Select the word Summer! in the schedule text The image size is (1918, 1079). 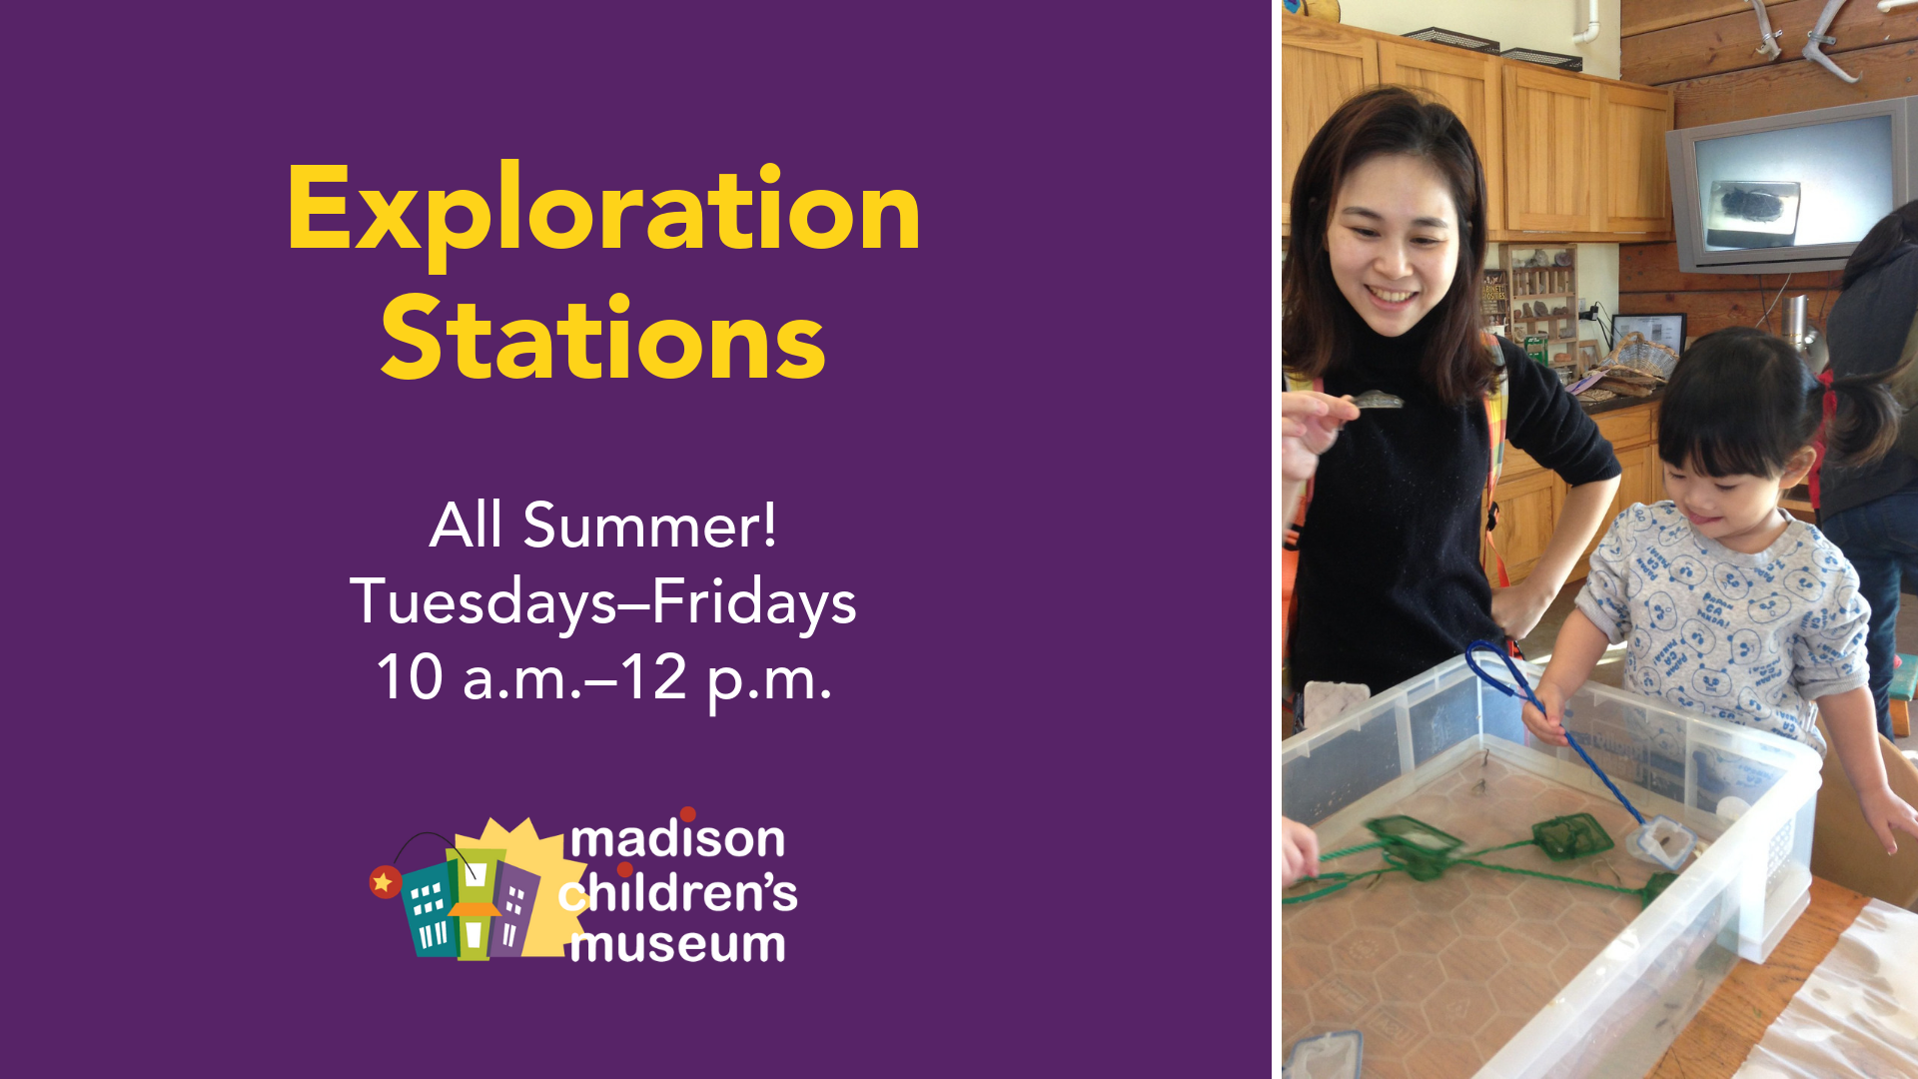click(649, 525)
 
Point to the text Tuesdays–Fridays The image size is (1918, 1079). click(603, 602)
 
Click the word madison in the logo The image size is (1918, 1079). click(677, 839)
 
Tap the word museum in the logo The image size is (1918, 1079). click(677, 944)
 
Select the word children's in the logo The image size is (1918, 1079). click(677, 891)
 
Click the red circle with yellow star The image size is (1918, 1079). click(385, 882)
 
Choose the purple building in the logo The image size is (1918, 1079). click(515, 909)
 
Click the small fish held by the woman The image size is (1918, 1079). click(1378, 401)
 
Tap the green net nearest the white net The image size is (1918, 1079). click(1572, 835)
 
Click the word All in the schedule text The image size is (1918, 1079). click(466, 525)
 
